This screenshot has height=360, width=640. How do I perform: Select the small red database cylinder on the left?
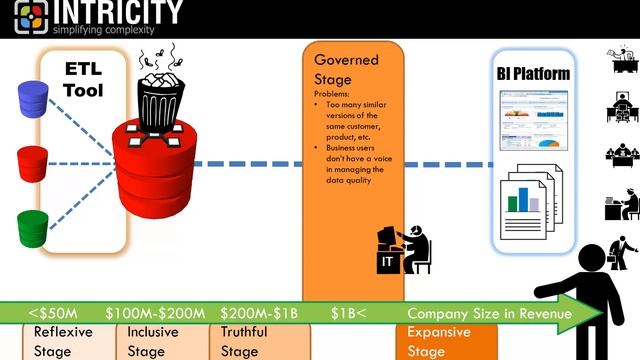click(33, 162)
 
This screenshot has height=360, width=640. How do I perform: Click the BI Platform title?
click(533, 74)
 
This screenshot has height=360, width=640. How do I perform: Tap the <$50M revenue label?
click(54, 314)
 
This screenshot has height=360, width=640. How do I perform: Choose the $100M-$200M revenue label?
click(155, 314)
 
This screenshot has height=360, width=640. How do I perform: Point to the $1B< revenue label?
click(349, 314)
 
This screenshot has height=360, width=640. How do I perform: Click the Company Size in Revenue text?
click(489, 314)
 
